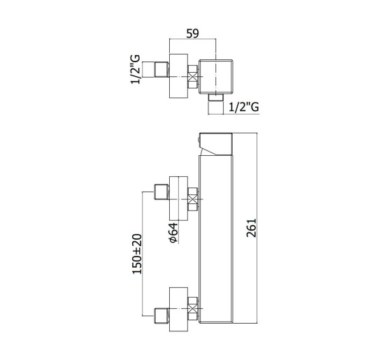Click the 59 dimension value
(x=192, y=34)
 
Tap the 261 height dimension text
(x=251, y=228)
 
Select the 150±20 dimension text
(x=137, y=254)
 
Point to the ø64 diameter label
(x=173, y=232)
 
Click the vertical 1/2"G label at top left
(x=136, y=69)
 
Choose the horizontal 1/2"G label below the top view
(x=244, y=107)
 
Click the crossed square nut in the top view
(x=193, y=77)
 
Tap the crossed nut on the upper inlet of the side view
(x=193, y=199)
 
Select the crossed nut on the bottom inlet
(x=193, y=308)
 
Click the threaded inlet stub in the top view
(x=161, y=69)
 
